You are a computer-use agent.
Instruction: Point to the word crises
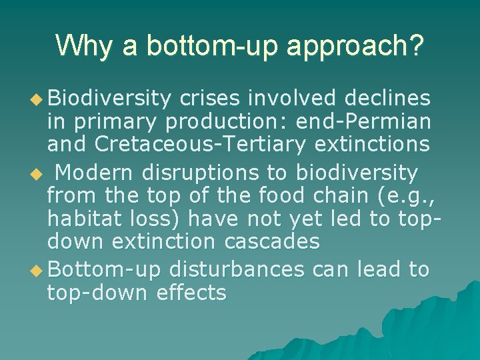click(x=210, y=99)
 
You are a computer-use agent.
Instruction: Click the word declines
click(x=387, y=99)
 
